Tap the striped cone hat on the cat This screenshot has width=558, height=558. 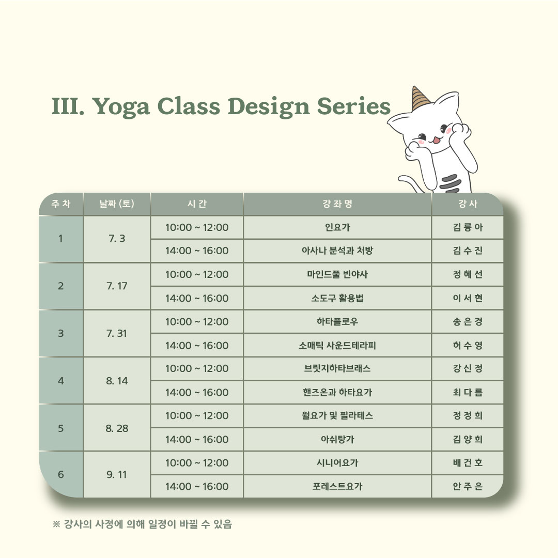(x=420, y=98)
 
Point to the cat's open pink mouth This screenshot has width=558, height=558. (x=437, y=140)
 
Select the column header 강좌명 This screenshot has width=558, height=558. (x=337, y=204)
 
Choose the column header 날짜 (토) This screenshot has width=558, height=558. (x=117, y=204)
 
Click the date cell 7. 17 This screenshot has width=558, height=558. (x=117, y=286)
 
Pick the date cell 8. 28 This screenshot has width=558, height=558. (x=117, y=428)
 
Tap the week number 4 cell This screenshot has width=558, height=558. (x=61, y=381)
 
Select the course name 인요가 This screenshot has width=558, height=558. (x=337, y=227)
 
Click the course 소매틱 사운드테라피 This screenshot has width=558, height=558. (x=337, y=345)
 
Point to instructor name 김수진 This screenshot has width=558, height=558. (x=468, y=251)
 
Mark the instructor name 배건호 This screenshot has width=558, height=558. (x=468, y=462)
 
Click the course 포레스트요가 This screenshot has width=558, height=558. (x=337, y=486)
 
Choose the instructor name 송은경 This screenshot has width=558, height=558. (x=468, y=322)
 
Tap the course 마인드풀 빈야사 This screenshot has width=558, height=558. (x=337, y=274)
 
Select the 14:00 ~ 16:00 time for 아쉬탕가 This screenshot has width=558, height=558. (x=197, y=440)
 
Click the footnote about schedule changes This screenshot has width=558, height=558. (x=142, y=524)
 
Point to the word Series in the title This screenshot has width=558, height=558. (x=354, y=106)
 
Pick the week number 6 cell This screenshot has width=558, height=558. (x=61, y=474)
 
